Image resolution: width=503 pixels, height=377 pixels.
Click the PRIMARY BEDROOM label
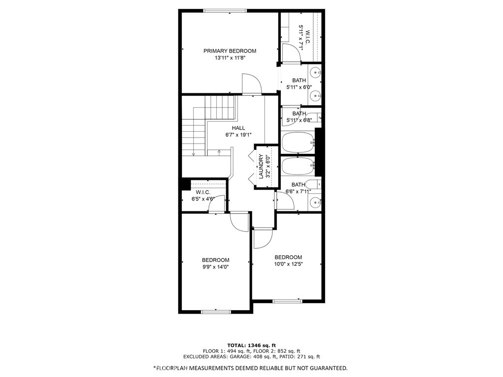pos(230,51)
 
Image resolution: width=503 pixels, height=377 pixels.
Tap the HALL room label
pos(238,128)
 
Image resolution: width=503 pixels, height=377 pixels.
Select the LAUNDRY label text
pos(261,167)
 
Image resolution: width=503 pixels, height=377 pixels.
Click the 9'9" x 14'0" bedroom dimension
pos(215,267)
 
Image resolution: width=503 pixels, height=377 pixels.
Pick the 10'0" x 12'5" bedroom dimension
pos(288,264)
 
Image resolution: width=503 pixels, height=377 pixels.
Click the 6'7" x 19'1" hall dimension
pos(238,135)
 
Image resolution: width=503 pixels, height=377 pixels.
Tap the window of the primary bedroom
pos(225,11)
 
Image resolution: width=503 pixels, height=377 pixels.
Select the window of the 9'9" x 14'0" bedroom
pos(216,311)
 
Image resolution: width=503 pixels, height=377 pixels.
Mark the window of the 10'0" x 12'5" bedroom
pos(288,301)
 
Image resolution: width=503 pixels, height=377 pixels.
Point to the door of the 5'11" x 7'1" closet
pos(291,53)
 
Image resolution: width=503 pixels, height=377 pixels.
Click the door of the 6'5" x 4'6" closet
pos(217,204)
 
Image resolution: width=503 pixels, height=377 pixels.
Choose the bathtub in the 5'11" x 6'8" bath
pos(298,143)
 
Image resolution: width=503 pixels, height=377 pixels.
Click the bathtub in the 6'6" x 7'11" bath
pos(298,166)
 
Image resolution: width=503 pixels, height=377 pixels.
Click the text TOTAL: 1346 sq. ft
pos(252,345)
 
